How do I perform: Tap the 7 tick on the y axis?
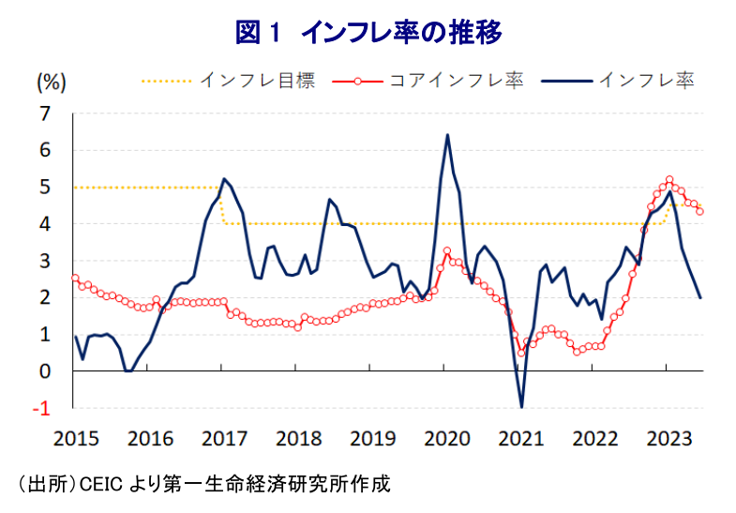click(x=43, y=113)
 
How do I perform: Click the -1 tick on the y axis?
click(x=41, y=408)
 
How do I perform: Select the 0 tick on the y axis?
click(x=43, y=371)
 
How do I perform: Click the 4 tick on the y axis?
click(x=43, y=224)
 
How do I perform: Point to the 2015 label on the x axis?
click(x=72, y=438)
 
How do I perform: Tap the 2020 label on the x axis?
click(x=446, y=438)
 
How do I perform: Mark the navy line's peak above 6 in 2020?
click(x=447, y=135)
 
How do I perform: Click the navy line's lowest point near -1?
click(x=521, y=407)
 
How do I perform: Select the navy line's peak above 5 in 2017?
click(x=223, y=178)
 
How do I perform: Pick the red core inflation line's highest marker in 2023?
click(x=669, y=179)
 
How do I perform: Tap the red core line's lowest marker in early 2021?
click(x=521, y=353)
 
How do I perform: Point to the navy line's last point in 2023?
click(x=700, y=297)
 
